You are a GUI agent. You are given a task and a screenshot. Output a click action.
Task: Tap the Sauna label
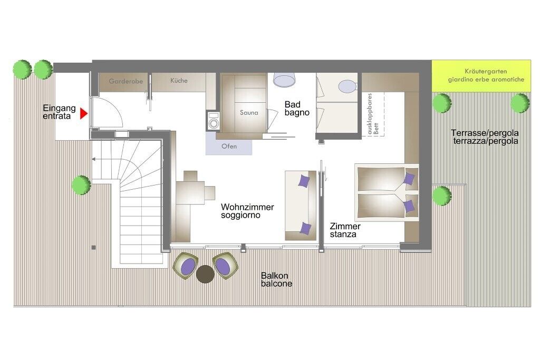[x=249, y=113]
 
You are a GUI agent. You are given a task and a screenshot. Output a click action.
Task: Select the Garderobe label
[x=126, y=81]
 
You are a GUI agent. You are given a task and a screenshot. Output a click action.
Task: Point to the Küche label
[x=179, y=81]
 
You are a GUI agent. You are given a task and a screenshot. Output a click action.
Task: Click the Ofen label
[x=229, y=147]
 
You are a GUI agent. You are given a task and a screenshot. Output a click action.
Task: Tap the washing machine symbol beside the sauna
[x=213, y=121]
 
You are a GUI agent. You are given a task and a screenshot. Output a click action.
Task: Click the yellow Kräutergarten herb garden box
[x=481, y=76]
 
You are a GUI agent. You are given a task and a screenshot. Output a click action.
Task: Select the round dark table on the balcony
[x=205, y=274]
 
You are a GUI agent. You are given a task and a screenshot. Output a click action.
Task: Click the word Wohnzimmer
[x=247, y=207]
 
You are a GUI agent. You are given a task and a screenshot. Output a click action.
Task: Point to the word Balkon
[x=274, y=276]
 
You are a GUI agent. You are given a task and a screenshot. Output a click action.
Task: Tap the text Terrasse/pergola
[x=485, y=133]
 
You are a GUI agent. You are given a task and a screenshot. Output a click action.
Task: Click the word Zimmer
[x=345, y=227]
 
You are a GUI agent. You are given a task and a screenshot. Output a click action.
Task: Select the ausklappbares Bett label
[x=373, y=113]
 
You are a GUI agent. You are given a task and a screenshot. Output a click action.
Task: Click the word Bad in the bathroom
[x=292, y=105]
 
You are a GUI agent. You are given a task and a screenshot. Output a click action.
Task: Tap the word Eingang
[x=59, y=109]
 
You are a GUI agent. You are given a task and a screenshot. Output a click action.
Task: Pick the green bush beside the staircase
[x=81, y=185]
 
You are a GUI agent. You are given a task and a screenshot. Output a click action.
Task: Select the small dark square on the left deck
[x=93, y=247]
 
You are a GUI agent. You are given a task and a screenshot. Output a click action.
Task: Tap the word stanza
[x=343, y=235]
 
